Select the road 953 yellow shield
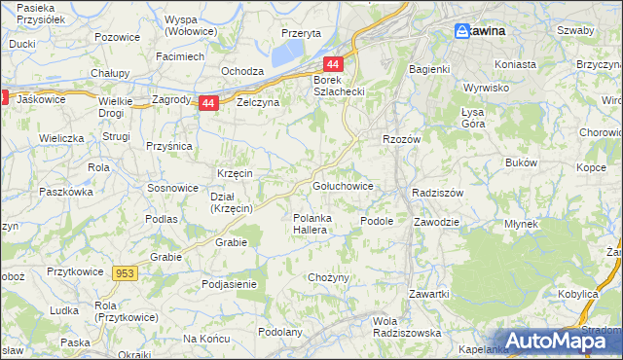click(x=125, y=274)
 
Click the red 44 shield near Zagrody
click(x=208, y=102)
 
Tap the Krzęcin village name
click(x=235, y=173)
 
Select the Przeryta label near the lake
click(x=301, y=32)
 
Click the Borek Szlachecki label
click(x=339, y=86)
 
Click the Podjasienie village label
click(x=229, y=284)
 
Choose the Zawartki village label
click(x=428, y=294)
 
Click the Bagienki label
click(x=429, y=69)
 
